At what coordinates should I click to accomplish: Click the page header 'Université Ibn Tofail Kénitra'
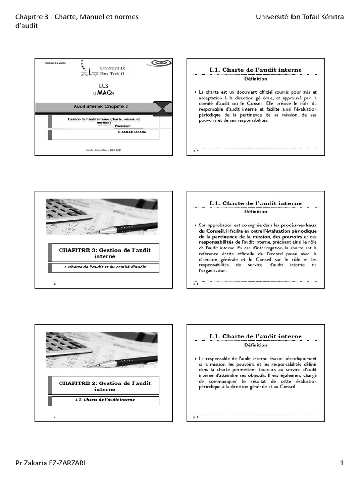coord(300,17)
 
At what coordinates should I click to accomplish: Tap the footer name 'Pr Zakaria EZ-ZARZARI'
coord(51,463)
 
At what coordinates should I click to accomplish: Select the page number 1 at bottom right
coord(342,463)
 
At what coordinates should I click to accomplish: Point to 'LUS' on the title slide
coord(104,87)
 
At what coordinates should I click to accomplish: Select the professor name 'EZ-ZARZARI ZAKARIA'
coord(132,133)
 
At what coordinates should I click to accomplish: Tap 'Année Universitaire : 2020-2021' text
coord(104,150)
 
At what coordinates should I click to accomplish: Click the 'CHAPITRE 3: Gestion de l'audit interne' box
coord(105,253)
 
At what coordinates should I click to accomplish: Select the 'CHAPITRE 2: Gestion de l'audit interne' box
coord(105,386)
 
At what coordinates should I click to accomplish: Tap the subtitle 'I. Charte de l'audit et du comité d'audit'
coord(105,267)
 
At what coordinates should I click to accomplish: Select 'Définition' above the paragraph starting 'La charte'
coord(255,79)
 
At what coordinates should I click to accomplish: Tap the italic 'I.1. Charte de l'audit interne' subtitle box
coord(105,400)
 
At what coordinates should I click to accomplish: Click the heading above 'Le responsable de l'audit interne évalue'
coord(255,337)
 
